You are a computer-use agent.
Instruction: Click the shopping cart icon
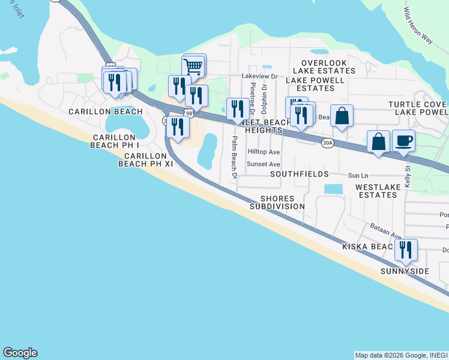coord(193,66)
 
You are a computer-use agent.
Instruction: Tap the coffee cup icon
coord(403,141)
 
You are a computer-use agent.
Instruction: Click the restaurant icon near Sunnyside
coord(406,250)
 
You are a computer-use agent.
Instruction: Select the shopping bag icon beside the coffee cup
coord(379,142)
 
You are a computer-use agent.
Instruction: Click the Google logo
coord(20,353)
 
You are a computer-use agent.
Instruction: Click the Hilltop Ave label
coord(264,152)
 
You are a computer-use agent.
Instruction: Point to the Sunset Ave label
coord(264,164)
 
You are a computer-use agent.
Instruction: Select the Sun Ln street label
coord(358,176)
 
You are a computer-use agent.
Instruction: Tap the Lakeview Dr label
coord(259,76)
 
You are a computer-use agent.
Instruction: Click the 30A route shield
coord(327,143)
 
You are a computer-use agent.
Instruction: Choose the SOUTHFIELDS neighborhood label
coord(299,174)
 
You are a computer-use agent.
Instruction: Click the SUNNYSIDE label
coord(405,271)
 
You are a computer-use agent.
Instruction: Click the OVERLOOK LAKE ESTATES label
coord(324,67)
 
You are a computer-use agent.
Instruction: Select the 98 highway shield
coord(189,113)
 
